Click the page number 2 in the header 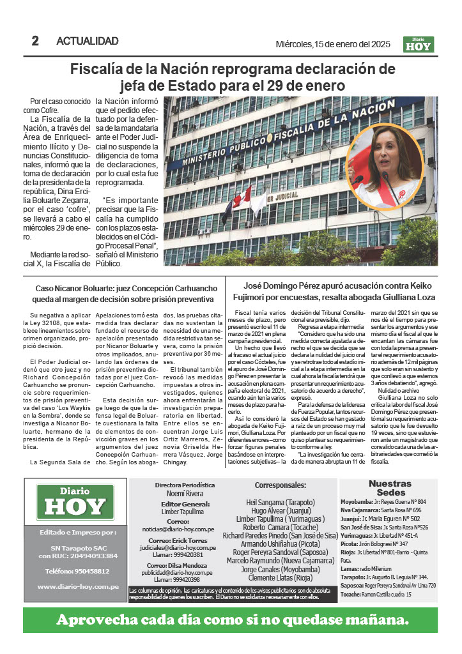click(35, 41)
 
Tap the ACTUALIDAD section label click(88, 41)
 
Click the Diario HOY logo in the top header click(419, 44)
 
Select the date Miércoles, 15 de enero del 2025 click(332, 43)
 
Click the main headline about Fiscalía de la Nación click(233, 77)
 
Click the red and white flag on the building click(242, 198)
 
